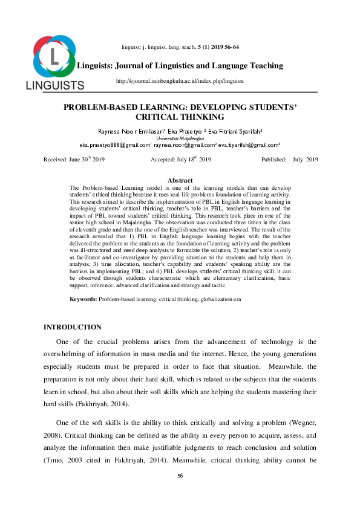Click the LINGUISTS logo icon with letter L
[54, 56]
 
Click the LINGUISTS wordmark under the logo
[54, 85]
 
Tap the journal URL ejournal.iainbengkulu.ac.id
[179, 80]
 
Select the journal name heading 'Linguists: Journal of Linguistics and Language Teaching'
[180, 65]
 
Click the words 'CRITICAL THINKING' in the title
[180, 117]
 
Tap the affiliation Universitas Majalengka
[180, 138]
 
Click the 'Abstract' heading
[180, 180]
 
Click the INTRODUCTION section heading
[73, 327]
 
